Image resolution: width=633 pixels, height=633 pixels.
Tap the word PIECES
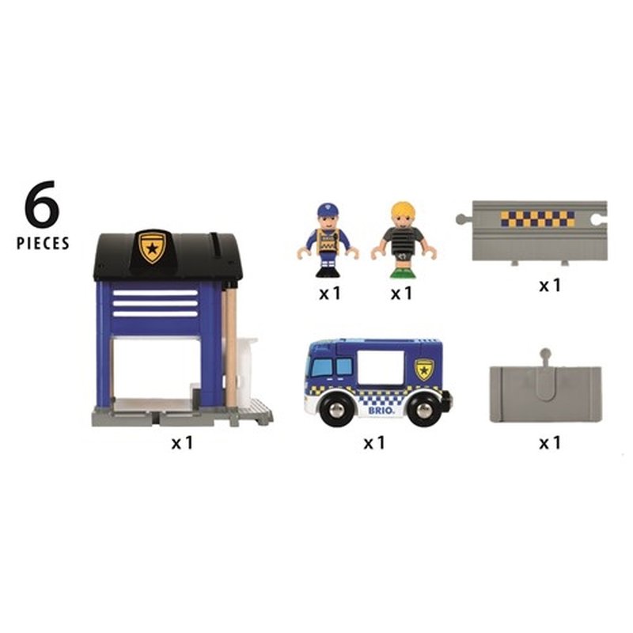[43, 243]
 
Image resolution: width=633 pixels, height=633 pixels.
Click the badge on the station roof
[152, 246]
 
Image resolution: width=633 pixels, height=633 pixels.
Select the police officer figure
[328, 241]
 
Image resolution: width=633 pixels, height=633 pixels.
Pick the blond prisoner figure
[403, 241]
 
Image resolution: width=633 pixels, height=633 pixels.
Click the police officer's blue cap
[328, 210]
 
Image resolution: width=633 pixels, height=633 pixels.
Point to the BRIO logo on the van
[379, 411]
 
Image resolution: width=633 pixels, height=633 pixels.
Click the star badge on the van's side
[425, 369]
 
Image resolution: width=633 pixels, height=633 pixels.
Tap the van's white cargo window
[383, 368]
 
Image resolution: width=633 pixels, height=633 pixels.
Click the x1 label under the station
[182, 443]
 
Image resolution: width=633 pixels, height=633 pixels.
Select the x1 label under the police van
[374, 443]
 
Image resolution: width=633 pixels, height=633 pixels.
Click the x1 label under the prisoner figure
[402, 293]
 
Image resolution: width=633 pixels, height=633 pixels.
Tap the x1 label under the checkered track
[549, 285]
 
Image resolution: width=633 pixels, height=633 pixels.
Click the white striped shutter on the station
[155, 302]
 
